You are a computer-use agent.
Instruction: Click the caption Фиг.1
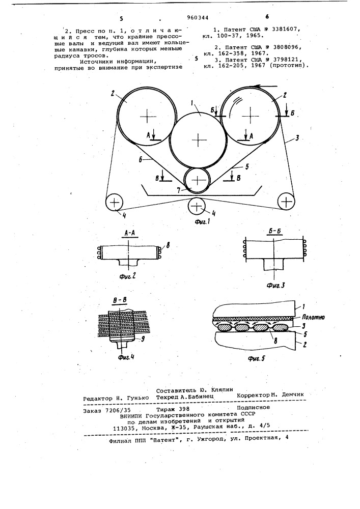[203, 222]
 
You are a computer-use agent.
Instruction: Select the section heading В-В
[120, 301]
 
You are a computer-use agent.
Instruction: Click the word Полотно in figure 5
[313, 318]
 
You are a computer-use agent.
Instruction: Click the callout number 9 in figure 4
[142, 339]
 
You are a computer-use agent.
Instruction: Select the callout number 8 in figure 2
[168, 246]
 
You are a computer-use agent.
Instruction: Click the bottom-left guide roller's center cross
[114, 203]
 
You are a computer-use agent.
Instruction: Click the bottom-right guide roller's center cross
[286, 202]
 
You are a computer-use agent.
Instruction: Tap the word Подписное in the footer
[253, 407]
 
